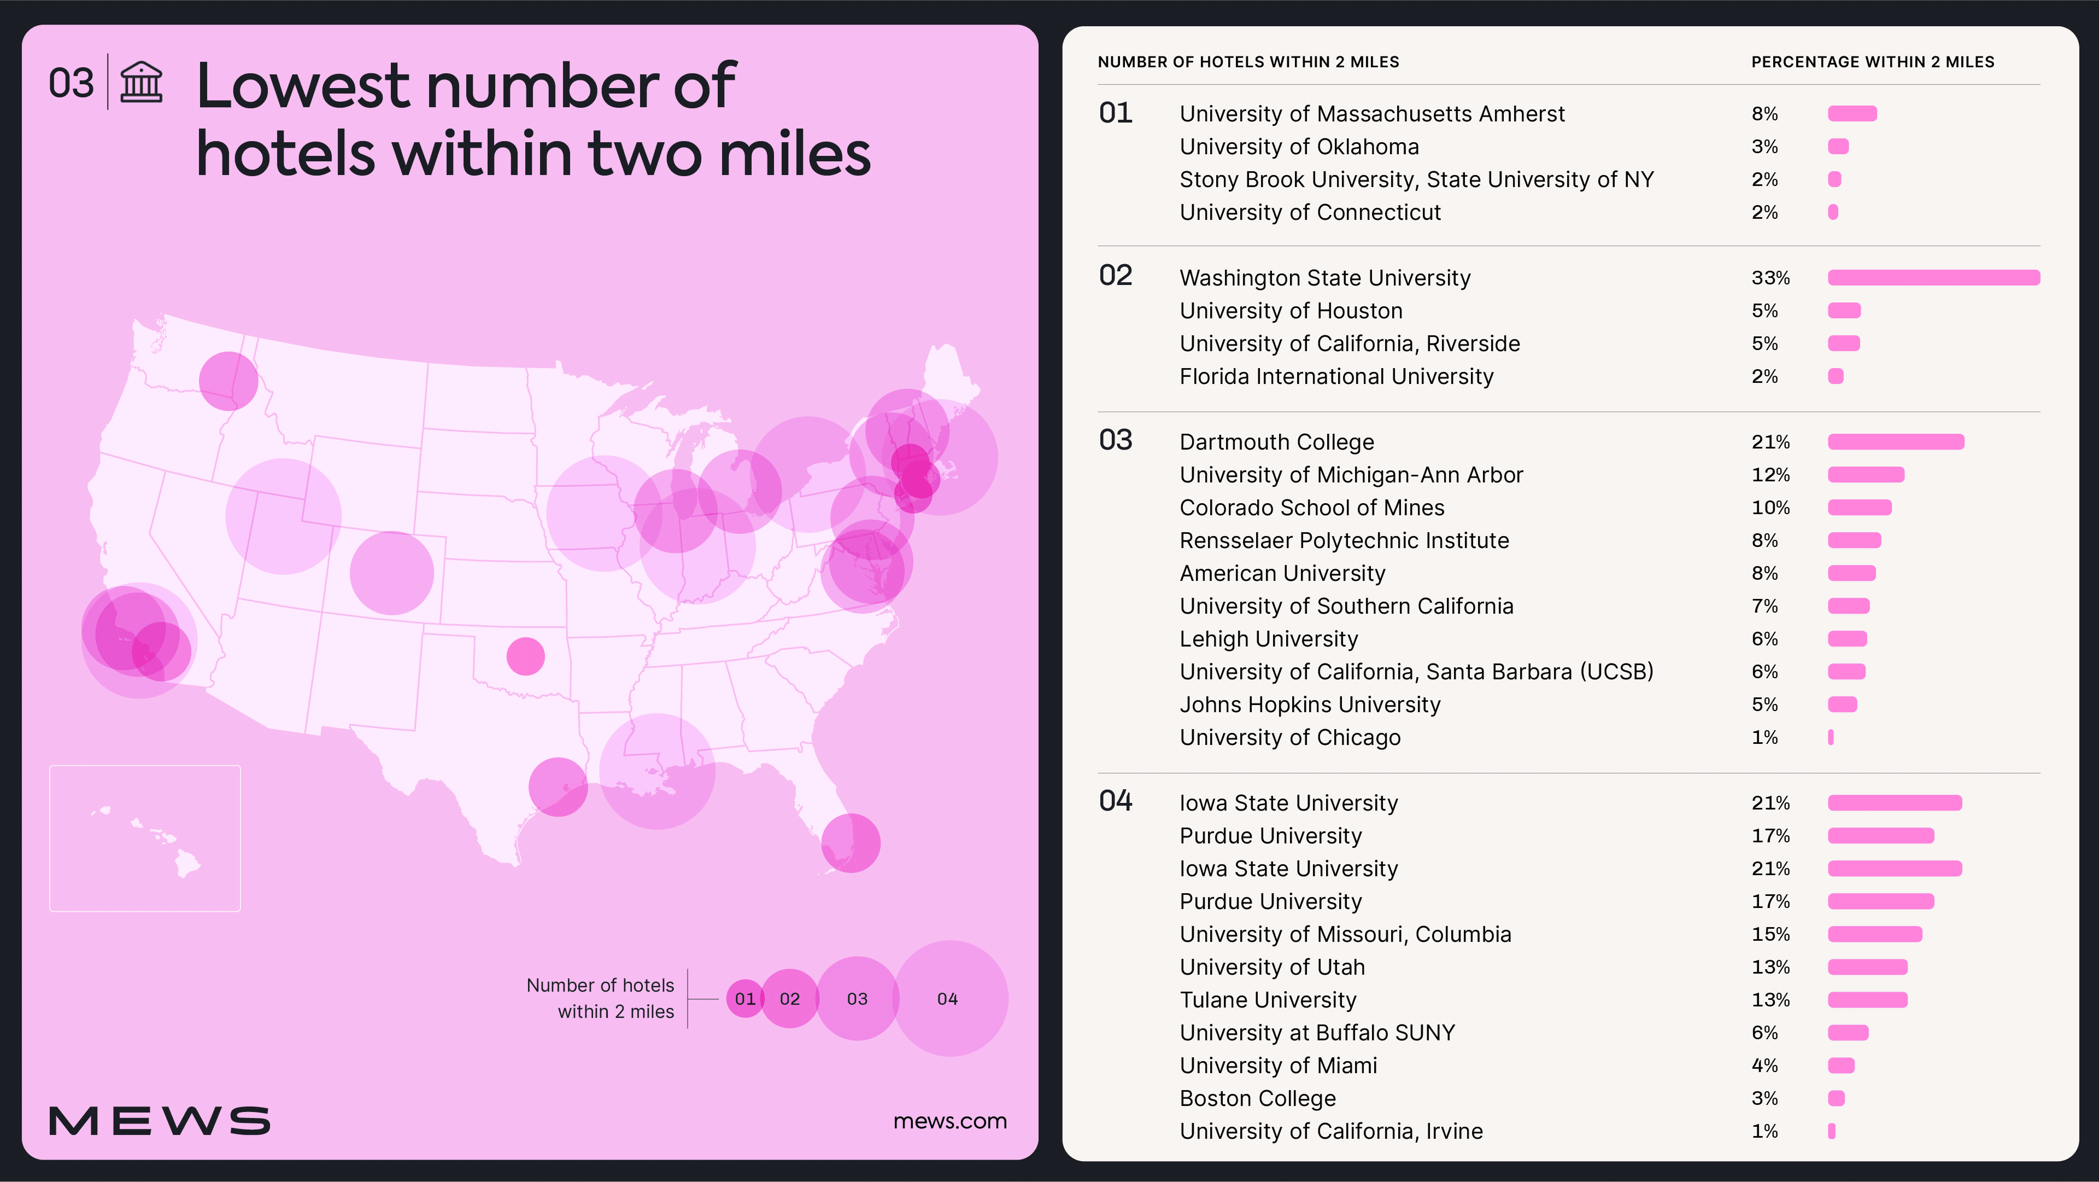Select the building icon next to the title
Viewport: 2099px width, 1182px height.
(142, 83)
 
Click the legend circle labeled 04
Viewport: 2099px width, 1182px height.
(950, 999)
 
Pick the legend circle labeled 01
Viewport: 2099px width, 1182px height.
(743, 999)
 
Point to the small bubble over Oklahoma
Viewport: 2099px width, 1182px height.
(525, 656)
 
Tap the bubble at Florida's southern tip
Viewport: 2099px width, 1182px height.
(851, 843)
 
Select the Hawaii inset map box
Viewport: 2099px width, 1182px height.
(145, 838)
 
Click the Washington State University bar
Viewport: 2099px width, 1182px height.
(1933, 278)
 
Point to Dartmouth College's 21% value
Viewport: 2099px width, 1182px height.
(1770, 442)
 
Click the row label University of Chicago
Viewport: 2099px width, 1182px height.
(1290, 738)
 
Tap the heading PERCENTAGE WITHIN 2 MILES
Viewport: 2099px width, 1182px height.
(1873, 62)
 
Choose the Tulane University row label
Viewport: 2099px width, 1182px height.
(1268, 1000)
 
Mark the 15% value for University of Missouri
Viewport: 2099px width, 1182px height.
(1770, 934)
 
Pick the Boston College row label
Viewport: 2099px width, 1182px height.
(1257, 1099)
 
